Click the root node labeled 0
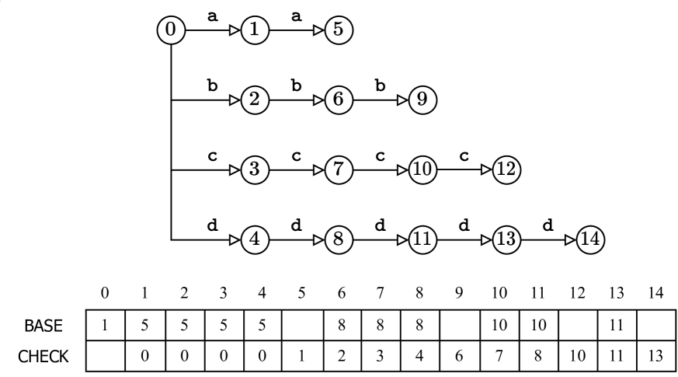point(171,31)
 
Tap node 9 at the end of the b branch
point(423,99)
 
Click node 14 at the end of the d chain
point(589,236)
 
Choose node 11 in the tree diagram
point(423,236)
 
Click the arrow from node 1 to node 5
point(296,31)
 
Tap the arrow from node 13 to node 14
point(548,236)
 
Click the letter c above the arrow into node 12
point(464,155)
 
